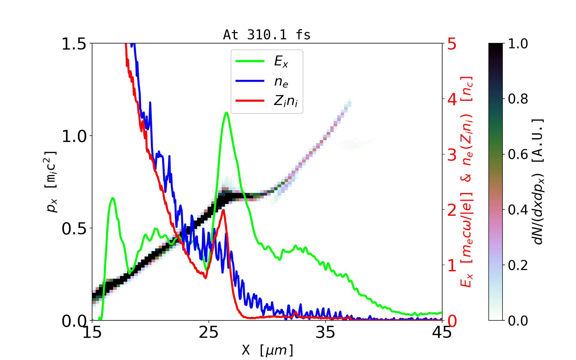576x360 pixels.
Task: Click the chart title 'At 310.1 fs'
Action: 267,35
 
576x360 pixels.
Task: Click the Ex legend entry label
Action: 281,61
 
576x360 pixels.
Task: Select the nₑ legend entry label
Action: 281,81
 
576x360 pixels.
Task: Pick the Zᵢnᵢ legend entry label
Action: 286,101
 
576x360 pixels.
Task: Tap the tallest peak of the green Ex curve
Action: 226,113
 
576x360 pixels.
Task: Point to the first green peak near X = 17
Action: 112,198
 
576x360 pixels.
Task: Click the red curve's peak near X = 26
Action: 223,210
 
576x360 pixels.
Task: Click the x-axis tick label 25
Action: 209,332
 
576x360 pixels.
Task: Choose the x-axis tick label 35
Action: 325,332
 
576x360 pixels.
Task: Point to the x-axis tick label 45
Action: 442,332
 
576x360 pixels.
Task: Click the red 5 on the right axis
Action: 452,44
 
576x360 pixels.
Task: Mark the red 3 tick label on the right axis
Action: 452,155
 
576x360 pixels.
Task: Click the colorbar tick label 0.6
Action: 518,154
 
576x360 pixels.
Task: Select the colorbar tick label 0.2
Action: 518,265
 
